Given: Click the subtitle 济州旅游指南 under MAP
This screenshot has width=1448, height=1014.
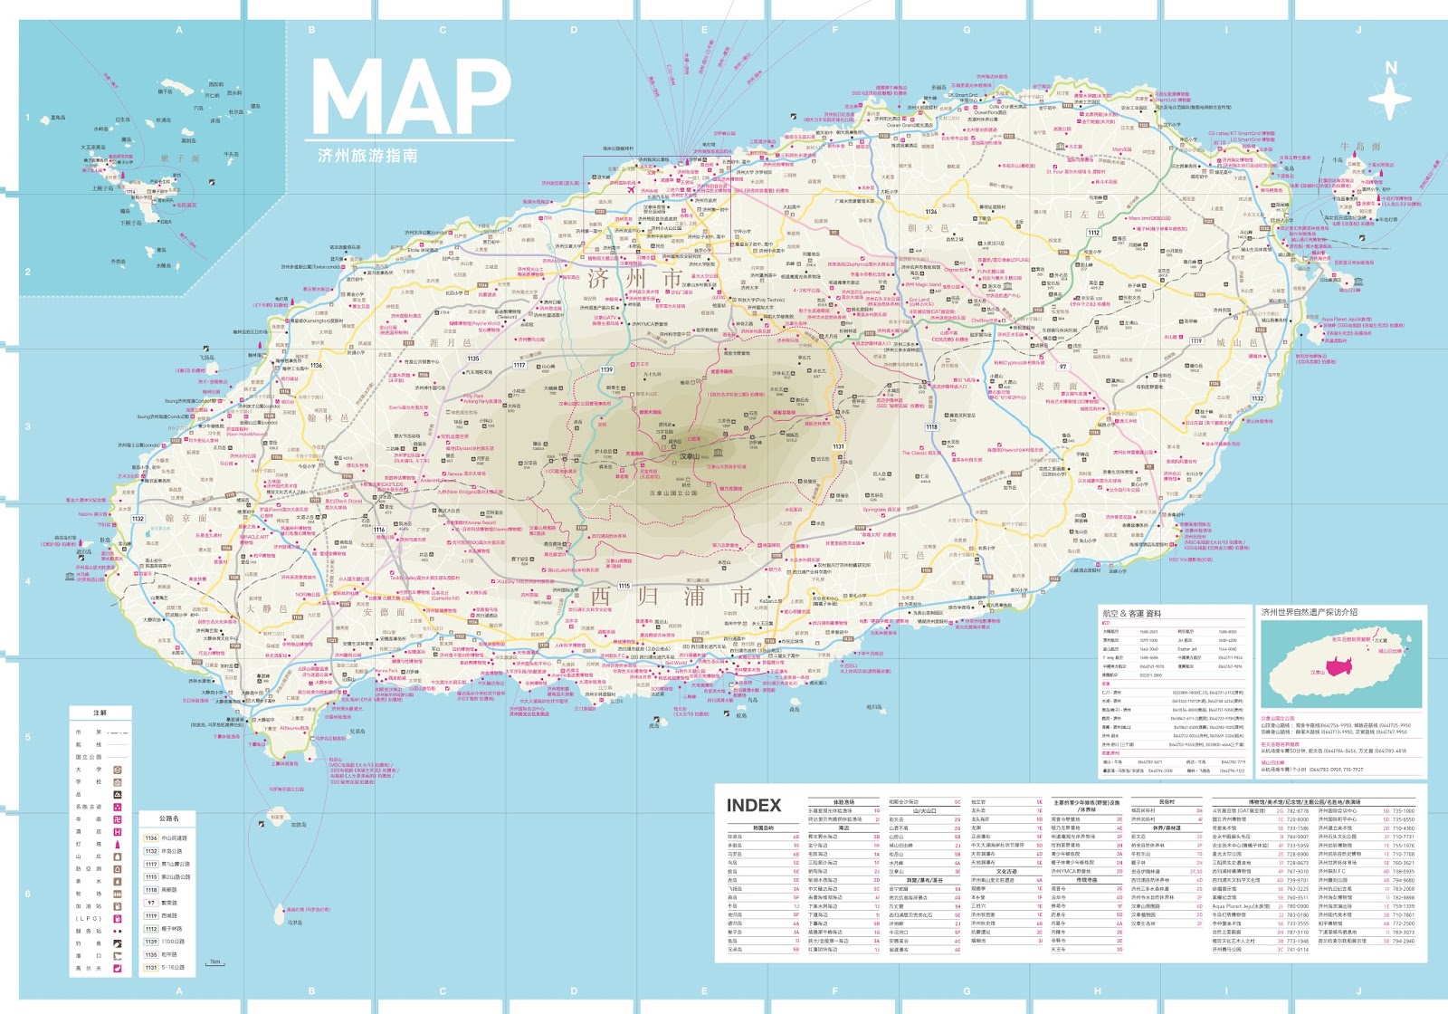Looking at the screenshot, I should click(367, 156).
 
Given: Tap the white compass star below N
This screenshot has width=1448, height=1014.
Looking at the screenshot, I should click(1389, 99).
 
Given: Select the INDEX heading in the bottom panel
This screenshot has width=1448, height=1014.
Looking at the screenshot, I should click(753, 805).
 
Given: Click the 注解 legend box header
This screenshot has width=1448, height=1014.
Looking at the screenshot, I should click(100, 713).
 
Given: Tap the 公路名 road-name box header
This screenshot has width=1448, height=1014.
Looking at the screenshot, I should click(168, 818).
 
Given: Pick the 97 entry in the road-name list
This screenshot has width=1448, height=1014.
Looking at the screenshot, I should click(151, 903).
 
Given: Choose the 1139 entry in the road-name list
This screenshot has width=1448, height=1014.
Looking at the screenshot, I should click(151, 942).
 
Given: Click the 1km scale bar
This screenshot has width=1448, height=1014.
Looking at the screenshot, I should click(214, 963).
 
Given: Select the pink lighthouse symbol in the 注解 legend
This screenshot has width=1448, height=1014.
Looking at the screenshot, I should click(118, 845).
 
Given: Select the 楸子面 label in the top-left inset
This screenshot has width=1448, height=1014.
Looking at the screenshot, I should click(181, 158).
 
